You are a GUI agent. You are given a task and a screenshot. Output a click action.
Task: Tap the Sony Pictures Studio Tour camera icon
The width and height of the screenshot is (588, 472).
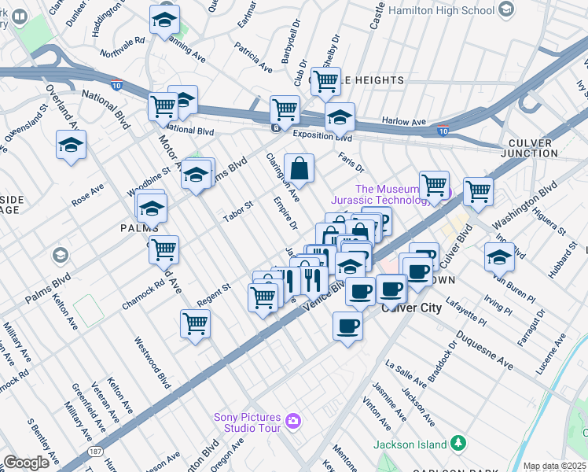point(293,422)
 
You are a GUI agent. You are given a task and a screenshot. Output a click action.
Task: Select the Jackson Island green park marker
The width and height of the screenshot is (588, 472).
point(460,444)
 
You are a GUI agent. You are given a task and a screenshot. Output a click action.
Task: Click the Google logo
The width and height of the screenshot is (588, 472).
point(26,463)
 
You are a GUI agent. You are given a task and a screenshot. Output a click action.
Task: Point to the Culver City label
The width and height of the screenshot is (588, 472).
point(411,308)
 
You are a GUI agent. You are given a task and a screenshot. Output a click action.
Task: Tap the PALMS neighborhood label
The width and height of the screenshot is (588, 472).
point(135,227)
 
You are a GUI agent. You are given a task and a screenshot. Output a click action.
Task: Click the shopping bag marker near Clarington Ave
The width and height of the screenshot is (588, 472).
point(300,168)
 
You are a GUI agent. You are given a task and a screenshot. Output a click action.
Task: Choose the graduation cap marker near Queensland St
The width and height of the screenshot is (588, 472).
point(71,145)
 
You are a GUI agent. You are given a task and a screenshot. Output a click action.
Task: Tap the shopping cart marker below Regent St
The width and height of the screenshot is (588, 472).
point(195,323)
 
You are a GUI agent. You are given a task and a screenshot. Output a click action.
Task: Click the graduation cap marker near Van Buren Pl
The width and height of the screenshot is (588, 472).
point(499,256)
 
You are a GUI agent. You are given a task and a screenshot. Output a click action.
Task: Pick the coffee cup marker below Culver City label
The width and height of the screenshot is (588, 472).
point(347,325)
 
